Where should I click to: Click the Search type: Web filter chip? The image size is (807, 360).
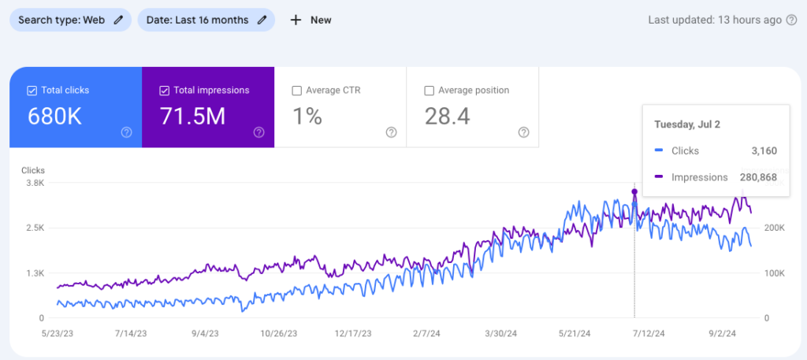click(70, 20)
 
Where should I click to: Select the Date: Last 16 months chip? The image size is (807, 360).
click(206, 20)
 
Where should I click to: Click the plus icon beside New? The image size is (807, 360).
click(296, 20)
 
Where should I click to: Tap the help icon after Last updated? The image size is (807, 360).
click(790, 20)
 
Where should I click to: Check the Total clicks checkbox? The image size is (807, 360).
click(32, 91)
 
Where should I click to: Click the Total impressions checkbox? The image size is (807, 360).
click(164, 91)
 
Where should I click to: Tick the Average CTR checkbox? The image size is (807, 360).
click(296, 91)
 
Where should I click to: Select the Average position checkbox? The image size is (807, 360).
click(429, 91)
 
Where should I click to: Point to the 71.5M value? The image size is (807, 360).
click(193, 117)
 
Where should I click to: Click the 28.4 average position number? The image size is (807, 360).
click(447, 117)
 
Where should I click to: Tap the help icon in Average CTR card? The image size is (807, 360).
click(391, 132)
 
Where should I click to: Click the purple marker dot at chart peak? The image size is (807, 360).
click(634, 191)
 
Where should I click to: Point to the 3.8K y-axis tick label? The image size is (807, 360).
click(35, 183)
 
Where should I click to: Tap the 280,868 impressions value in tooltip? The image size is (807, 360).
click(758, 177)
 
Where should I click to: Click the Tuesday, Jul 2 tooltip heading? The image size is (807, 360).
click(686, 124)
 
